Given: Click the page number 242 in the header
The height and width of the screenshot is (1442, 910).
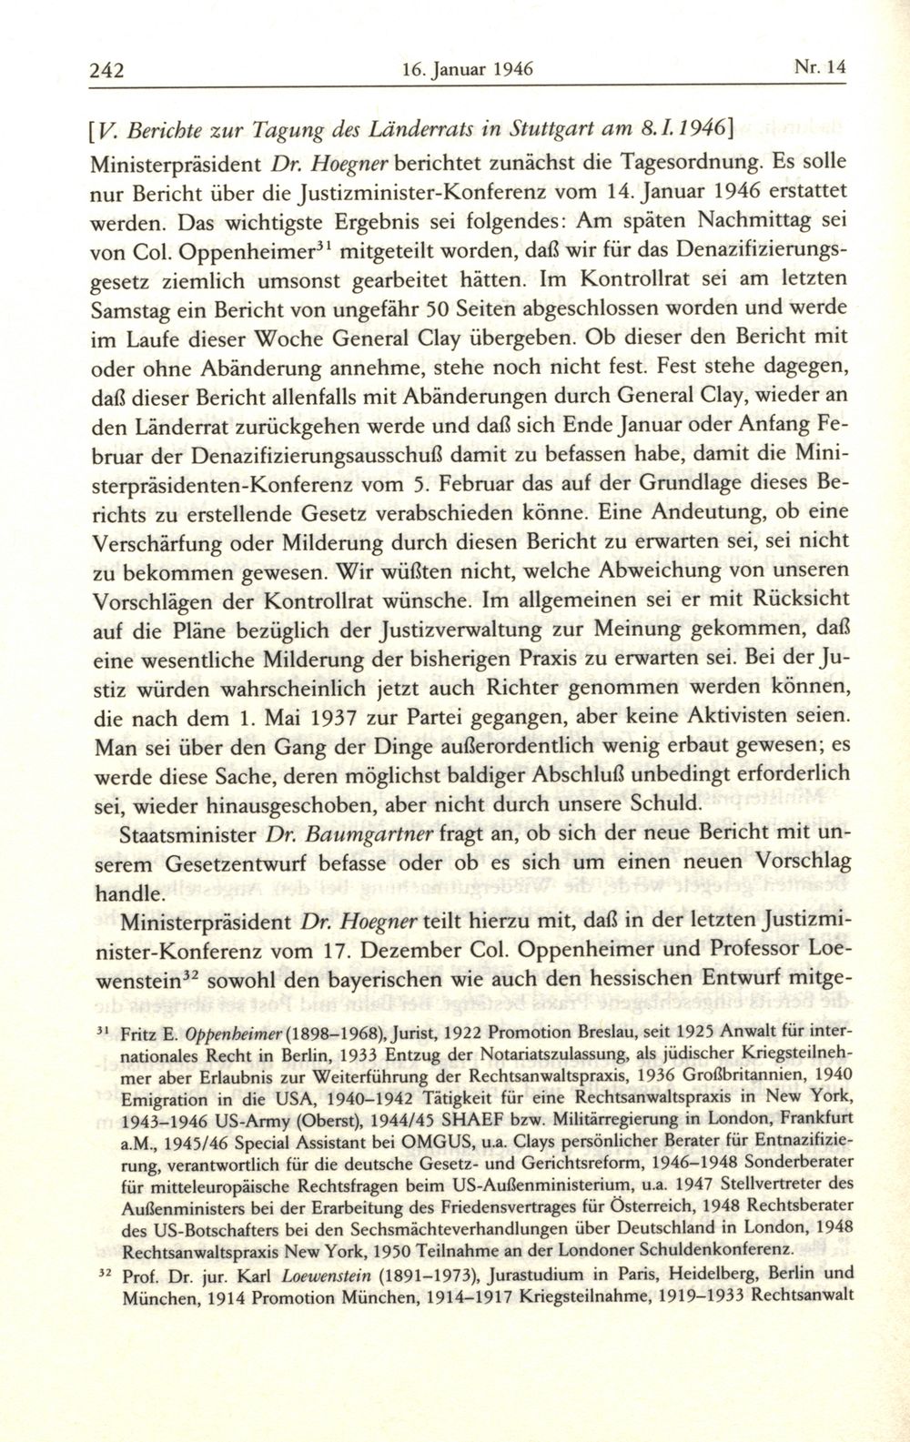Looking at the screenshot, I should [106, 68].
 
